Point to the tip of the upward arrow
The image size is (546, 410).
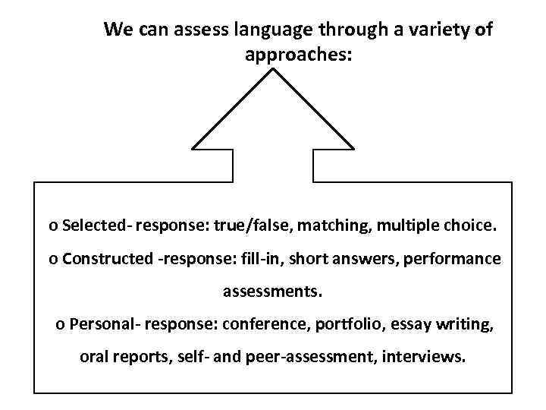[273, 71]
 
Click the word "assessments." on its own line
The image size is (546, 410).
[273, 291]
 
